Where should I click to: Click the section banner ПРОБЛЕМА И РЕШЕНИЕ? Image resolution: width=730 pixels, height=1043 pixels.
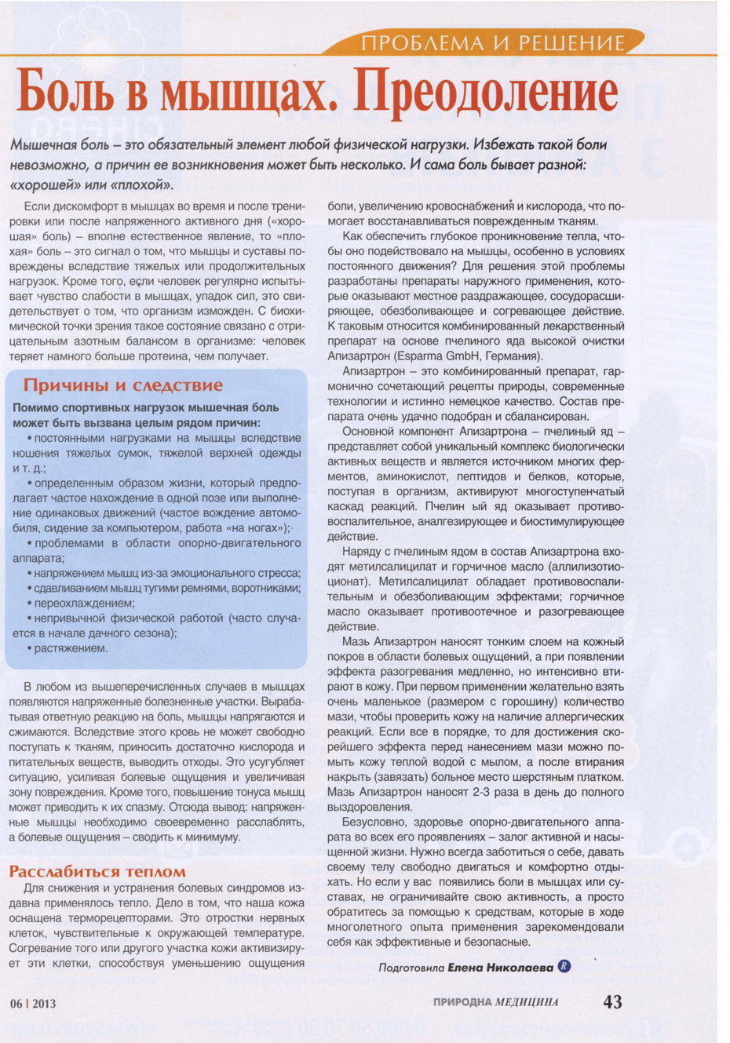coord(493,42)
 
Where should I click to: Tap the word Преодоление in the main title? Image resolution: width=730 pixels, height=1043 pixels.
coord(485,93)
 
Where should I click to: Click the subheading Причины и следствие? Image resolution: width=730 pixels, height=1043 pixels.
coord(122,385)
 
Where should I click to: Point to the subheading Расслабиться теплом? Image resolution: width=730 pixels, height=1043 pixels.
coord(97,871)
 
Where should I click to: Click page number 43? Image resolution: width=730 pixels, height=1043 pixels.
coord(612,1001)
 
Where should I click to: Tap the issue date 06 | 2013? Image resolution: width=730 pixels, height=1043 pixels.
coord(33,1003)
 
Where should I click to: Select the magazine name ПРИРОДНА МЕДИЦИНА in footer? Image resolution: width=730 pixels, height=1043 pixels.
coord(495,1002)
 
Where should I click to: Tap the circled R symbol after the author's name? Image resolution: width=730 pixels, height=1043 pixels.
coord(564,967)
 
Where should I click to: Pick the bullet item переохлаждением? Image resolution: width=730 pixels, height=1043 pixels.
coord(85,604)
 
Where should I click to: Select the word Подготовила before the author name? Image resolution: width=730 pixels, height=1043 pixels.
coord(411,968)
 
